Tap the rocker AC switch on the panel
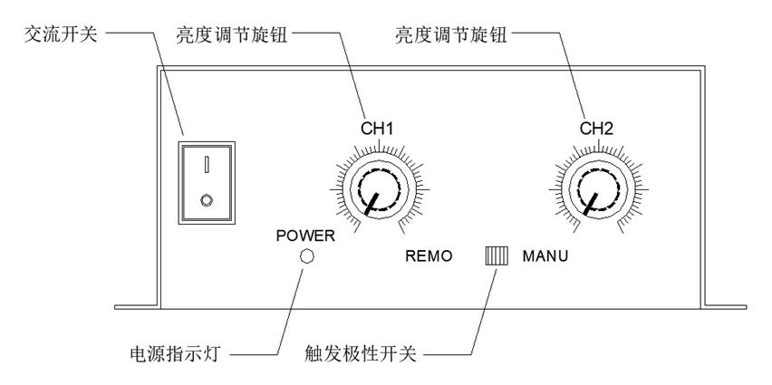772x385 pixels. [208, 180]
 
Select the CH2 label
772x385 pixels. [598, 129]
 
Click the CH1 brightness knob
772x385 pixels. [378, 190]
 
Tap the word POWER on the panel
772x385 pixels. [305, 236]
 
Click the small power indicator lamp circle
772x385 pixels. [306, 256]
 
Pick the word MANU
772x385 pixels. [545, 256]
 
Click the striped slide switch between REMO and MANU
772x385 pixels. [496, 255]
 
